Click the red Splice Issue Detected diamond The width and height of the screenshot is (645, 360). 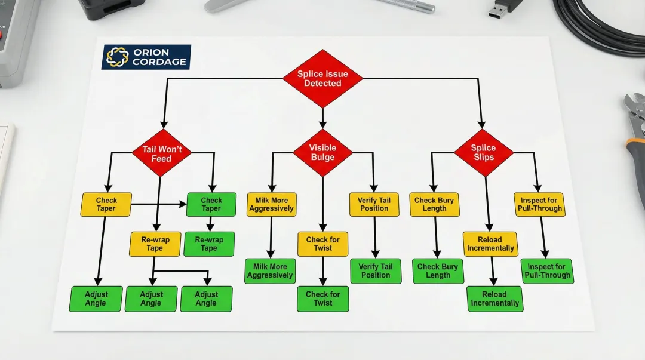(x=322, y=79)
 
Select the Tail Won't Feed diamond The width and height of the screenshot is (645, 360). (x=161, y=153)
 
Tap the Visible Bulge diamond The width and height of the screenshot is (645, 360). (x=322, y=152)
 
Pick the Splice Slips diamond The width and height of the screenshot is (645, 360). (x=483, y=152)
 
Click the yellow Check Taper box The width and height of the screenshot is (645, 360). (x=106, y=204)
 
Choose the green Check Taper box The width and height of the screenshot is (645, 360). (x=211, y=204)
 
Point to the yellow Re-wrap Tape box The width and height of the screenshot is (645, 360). (x=155, y=244)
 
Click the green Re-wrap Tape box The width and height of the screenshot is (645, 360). (x=209, y=244)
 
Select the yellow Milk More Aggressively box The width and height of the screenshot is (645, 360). (x=271, y=204)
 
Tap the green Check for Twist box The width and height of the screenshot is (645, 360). (x=322, y=299)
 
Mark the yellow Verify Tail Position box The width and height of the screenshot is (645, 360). (x=374, y=204)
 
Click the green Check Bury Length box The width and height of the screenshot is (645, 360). (x=438, y=271)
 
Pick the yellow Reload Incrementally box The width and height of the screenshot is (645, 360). (x=490, y=244)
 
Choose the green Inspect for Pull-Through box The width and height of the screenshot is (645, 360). (x=547, y=271)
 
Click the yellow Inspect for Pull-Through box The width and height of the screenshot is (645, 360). (x=539, y=204)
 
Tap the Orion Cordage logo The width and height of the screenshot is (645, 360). (x=146, y=57)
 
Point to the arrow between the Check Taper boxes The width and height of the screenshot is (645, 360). (x=159, y=205)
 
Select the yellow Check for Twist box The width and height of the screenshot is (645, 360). (x=322, y=244)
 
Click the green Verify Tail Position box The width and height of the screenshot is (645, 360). (x=375, y=271)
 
